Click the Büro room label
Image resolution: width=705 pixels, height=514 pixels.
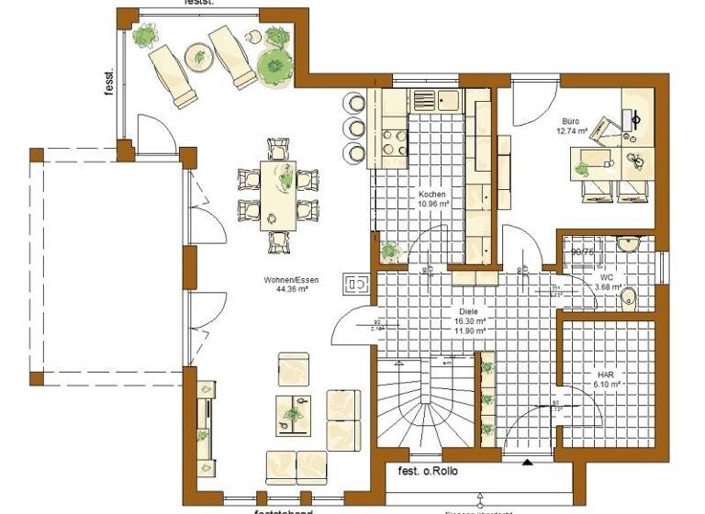[571, 121]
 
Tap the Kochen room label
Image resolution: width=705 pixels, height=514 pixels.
[432, 196]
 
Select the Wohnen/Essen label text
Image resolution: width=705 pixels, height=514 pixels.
[291, 279]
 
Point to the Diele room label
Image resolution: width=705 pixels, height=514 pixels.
[468, 310]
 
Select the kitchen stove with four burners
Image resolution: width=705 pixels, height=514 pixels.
[395, 142]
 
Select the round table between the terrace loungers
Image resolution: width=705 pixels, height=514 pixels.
[198, 57]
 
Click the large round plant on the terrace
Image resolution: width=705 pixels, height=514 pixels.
[274, 66]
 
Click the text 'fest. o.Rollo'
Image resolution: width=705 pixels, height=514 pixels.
[430, 473]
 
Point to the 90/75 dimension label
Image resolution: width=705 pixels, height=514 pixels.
[581, 251]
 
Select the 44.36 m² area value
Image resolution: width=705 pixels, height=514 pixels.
[291, 288]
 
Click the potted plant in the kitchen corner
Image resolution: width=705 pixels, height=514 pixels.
[390, 250]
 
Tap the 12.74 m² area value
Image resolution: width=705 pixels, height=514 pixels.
[571, 131]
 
